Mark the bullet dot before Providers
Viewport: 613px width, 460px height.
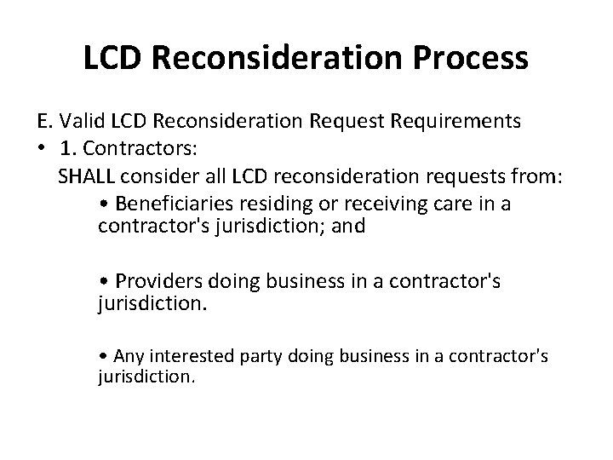[103, 282]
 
